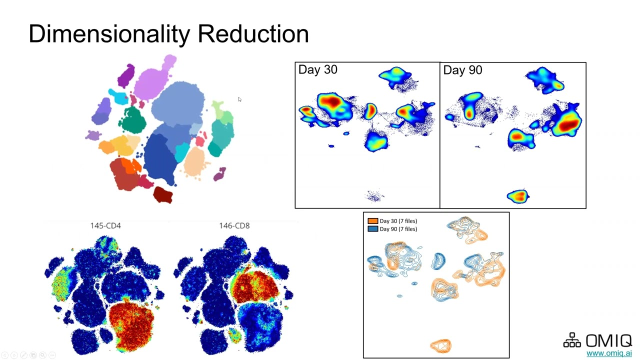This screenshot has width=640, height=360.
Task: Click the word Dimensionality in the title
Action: point(109,34)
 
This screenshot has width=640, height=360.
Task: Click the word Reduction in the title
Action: point(253,34)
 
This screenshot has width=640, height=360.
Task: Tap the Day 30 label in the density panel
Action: point(317,70)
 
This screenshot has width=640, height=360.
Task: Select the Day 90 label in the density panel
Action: point(462,70)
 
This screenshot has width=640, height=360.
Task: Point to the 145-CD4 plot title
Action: point(105,226)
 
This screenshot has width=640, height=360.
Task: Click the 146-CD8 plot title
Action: point(234,226)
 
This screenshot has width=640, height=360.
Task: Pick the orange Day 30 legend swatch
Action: point(372,221)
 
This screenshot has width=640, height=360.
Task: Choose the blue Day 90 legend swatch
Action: point(372,229)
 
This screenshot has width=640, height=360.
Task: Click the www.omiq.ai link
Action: point(609,353)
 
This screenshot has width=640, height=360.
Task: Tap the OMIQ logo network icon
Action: point(572,340)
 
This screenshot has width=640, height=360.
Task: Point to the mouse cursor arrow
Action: point(239,99)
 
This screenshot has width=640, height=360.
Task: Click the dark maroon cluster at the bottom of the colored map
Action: point(162,194)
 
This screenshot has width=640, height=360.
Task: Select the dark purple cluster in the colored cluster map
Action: point(126,76)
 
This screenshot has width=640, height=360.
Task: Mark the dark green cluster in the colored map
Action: point(132,120)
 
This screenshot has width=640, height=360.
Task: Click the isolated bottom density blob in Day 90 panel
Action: point(518,196)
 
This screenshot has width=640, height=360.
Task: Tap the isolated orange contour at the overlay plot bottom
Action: point(440,345)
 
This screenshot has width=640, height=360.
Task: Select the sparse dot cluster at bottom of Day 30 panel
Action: point(374,195)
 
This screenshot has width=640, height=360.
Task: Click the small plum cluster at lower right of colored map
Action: point(219,174)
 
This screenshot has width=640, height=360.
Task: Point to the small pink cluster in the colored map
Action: point(200,141)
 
